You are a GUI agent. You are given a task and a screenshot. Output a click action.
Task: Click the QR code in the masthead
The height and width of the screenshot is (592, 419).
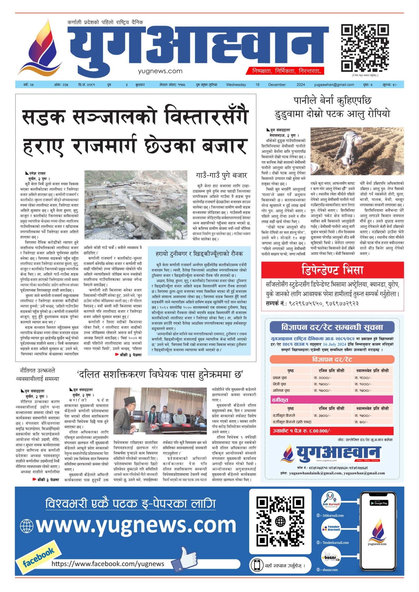(x=365, y=48)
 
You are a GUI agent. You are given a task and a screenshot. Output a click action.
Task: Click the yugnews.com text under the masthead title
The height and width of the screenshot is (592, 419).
(x=160, y=71)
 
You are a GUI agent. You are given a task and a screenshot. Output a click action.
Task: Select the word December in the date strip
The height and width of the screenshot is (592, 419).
(x=277, y=84)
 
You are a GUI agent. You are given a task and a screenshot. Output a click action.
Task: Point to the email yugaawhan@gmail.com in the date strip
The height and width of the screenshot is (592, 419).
(x=334, y=84)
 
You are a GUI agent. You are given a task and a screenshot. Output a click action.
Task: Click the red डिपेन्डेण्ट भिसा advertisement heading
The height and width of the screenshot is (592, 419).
(x=332, y=270)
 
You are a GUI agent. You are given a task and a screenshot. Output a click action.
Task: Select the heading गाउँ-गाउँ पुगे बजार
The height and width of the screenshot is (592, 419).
(x=221, y=175)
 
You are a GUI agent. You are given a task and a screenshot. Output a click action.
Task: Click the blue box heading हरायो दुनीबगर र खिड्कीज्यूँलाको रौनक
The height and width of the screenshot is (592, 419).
(x=199, y=254)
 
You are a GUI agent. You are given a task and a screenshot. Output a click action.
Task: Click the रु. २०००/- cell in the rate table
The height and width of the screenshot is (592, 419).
(x=322, y=378)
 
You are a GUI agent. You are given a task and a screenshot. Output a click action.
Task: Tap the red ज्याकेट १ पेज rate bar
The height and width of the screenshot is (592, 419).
(x=332, y=431)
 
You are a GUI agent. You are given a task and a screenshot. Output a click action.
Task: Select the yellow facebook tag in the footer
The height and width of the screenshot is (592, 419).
(x=38, y=558)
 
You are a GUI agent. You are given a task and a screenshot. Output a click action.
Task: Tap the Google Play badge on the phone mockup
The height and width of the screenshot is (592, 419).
(x=378, y=503)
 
